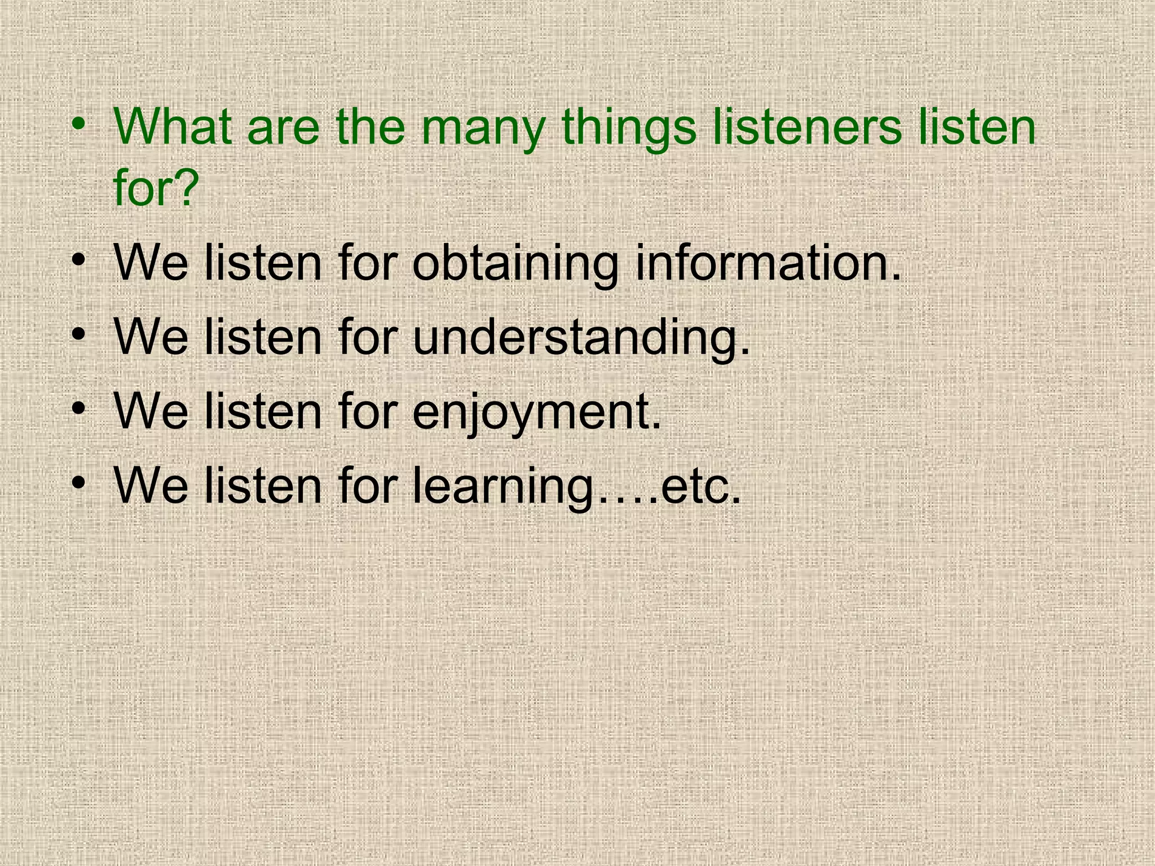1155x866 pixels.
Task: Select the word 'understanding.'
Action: [x=581, y=337]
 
